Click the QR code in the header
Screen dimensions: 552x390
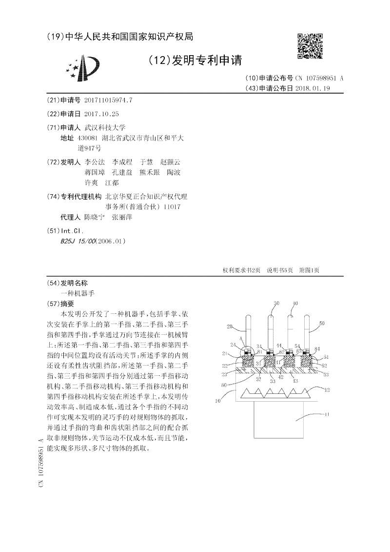tap(310, 46)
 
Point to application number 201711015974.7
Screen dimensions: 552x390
tap(108, 100)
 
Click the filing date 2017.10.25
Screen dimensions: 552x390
tap(101, 114)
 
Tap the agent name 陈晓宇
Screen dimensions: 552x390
tap(94, 217)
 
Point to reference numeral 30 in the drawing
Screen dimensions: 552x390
tap(276, 304)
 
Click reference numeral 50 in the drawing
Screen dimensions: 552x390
tap(321, 323)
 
